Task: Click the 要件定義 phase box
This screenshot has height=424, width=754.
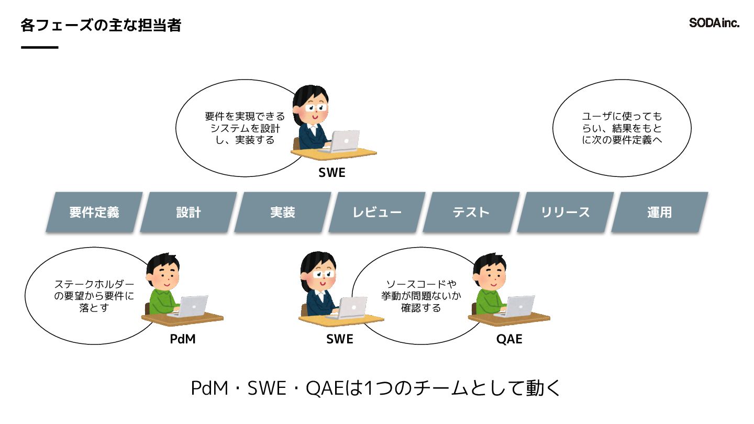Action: click(94, 212)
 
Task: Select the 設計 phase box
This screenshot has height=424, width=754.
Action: click(188, 212)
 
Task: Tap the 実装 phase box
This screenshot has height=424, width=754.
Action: click(283, 212)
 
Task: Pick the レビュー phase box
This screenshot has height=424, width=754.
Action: click(377, 212)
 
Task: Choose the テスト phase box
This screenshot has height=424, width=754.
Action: click(471, 212)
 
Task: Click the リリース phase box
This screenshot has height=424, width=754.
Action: click(565, 212)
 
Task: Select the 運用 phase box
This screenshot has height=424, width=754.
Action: click(659, 212)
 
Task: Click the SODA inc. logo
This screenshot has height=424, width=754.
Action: click(714, 23)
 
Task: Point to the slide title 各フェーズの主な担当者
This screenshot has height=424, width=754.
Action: click(101, 25)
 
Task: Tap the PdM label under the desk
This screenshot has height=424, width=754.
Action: click(183, 339)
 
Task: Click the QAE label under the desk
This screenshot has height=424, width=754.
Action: click(509, 339)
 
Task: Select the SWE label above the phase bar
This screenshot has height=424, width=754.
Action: click(332, 172)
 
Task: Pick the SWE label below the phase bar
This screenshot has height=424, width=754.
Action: click(339, 339)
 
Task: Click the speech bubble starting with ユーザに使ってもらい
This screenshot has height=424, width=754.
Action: click(622, 128)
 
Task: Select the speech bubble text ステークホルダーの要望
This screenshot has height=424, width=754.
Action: click(94, 296)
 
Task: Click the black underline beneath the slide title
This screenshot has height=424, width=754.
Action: click(40, 48)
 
